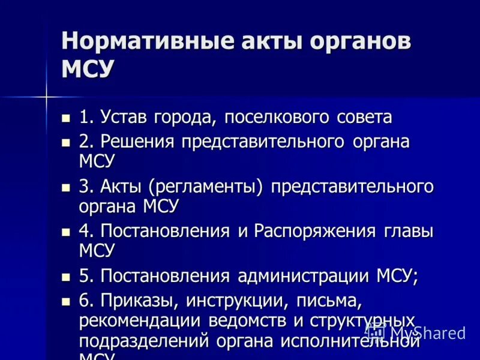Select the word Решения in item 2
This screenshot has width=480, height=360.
(x=137, y=142)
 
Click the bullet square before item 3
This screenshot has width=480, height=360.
(x=66, y=187)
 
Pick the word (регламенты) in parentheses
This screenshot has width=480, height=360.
(x=206, y=187)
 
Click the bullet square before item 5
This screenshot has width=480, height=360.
(x=66, y=277)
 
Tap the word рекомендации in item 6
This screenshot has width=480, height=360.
(x=140, y=320)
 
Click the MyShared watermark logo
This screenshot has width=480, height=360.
(x=416, y=332)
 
